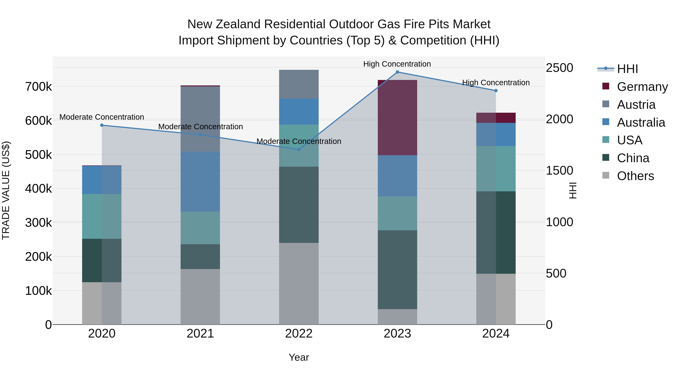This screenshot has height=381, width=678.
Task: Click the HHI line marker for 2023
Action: (x=397, y=72)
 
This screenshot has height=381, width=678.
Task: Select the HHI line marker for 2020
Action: (x=102, y=125)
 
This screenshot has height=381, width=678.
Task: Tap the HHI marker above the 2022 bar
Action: (x=299, y=149)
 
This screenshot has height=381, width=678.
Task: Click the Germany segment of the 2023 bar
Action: (x=397, y=118)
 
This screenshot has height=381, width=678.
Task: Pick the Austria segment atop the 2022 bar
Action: (x=299, y=84)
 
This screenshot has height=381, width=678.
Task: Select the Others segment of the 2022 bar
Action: (x=299, y=284)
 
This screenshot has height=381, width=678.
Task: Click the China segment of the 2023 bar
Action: (x=397, y=269)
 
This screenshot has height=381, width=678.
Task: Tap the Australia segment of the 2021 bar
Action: (x=200, y=181)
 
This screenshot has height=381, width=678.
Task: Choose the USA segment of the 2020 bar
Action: (x=102, y=216)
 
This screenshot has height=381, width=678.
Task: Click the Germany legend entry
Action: (x=642, y=87)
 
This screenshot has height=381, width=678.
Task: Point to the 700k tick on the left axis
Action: (x=38, y=87)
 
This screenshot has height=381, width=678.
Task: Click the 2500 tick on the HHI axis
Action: (x=559, y=68)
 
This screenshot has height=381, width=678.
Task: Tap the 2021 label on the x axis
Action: (x=200, y=334)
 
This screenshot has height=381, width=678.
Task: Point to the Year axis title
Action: (x=299, y=357)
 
